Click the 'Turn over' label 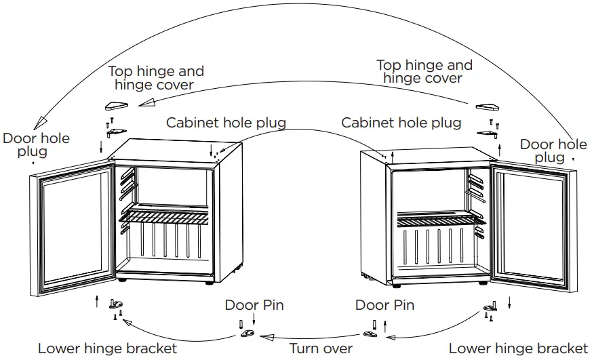pos(321,348)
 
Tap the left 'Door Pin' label pos(254,305)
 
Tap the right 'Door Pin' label pos(384,305)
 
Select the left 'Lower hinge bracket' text pos(107,348)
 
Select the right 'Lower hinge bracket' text pos(518,348)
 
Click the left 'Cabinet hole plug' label pos(226,123)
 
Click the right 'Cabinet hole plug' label pos(401,123)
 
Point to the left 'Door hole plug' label pos(36,144)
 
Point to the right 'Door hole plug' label pos(553,151)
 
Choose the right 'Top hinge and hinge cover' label pos(424,71)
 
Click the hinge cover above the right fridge pos(488,107)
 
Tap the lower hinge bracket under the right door pos(489,309)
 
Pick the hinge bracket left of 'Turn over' pos(248,334)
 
